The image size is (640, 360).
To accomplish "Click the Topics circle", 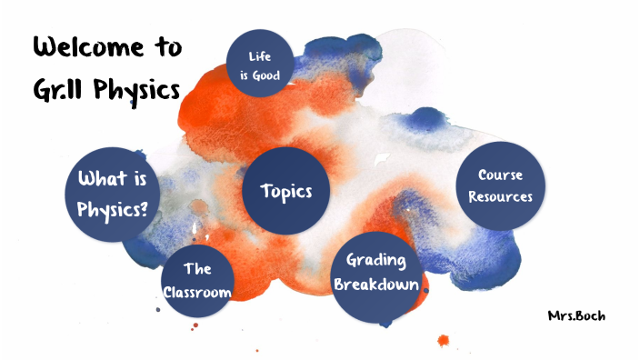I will (286, 191).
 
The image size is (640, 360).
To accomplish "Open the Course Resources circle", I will (500, 185).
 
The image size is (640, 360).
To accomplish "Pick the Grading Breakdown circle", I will (376, 271).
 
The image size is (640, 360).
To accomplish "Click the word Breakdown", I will (376, 284).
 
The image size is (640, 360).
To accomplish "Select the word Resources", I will (500, 195).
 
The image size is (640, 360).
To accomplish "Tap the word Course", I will (500, 174).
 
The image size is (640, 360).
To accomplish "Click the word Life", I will (260, 56).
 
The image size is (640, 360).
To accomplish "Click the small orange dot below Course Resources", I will (444, 341).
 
